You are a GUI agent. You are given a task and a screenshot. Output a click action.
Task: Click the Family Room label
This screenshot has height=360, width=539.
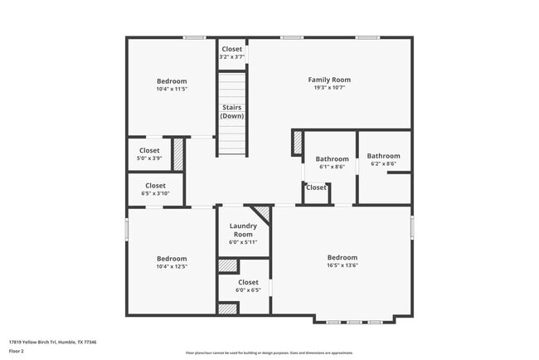(329, 80)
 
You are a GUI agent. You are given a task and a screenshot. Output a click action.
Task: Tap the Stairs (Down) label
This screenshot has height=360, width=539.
(232, 111)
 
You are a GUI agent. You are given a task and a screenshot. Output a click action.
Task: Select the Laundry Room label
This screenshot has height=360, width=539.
(243, 230)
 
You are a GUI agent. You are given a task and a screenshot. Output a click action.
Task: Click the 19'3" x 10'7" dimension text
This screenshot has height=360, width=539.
(329, 88)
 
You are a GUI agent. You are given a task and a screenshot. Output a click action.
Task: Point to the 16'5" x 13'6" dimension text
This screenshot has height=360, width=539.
(342, 266)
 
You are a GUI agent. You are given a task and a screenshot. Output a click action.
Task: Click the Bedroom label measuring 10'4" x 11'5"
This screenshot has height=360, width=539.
(172, 80)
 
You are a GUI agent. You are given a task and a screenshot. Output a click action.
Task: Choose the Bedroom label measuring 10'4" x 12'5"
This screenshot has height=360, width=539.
(172, 258)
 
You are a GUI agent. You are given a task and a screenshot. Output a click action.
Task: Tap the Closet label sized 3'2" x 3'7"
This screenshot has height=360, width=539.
(232, 50)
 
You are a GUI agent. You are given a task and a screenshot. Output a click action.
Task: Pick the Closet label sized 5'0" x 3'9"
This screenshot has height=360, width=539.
(149, 150)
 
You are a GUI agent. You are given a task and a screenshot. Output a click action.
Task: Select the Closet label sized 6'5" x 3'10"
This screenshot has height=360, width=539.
(155, 185)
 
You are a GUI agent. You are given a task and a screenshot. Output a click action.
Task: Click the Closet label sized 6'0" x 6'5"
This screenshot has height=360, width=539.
(248, 283)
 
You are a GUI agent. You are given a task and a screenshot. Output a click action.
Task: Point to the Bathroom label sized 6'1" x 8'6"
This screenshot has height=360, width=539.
(331, 159)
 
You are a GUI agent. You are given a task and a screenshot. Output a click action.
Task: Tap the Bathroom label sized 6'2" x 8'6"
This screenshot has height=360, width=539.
(383, 156)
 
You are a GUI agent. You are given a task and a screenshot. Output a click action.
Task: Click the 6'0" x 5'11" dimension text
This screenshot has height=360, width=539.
(243, 242)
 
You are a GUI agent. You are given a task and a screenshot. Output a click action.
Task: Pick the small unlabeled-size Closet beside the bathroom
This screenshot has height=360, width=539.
(316, 187)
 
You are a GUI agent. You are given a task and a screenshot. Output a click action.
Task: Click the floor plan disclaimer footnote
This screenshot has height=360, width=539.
(269, 353)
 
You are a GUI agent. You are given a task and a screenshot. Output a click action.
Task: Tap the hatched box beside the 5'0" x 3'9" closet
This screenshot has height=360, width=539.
(177, 155)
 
